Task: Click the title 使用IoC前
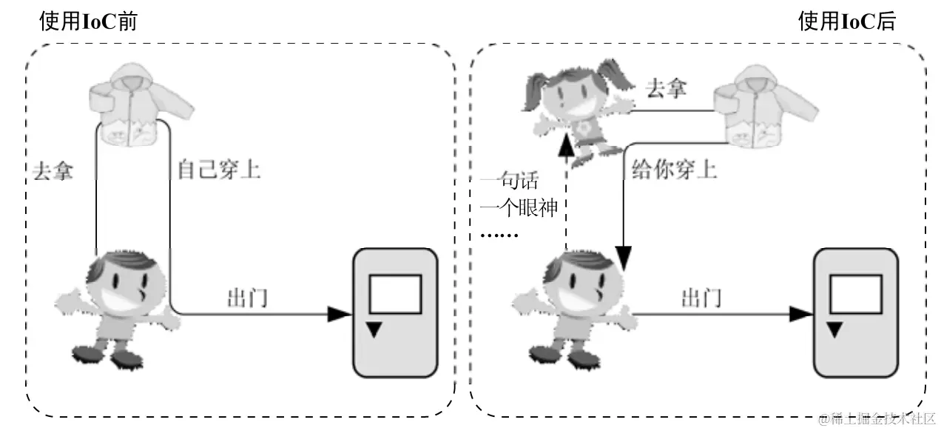click(x=88, y=21)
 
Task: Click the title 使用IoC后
click(x=846, y=21)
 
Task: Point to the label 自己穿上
click(x=218, y=170)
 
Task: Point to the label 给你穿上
click(x=674, y=170)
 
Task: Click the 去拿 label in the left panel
click(x=53, y=170)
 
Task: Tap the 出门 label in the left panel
click(x=247, y=298)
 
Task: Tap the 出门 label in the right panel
click(x=701, y=298)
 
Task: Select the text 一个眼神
click(x=519, y=208)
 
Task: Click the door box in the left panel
click(x=395, y=311)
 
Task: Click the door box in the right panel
click(x=856, y=312)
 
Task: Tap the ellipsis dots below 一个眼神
click(x=500, y=235)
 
